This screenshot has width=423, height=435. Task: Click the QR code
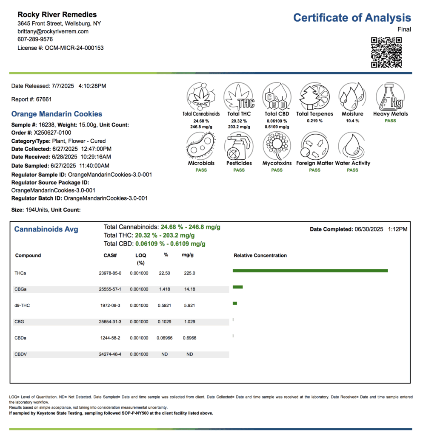click(x=386, y=52)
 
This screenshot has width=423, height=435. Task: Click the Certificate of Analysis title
click(x=352, y=18)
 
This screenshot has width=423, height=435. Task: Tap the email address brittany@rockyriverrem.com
click(x=53, y=31)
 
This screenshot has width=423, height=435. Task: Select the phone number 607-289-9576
click(x=35, y=40)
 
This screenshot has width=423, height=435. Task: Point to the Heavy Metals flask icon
click(x=390, y=97)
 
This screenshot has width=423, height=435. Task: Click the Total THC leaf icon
click(x=239, y=97)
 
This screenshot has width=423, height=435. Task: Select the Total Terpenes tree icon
click(x=314, y=97)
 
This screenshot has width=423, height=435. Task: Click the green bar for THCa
click(x=310, y=271)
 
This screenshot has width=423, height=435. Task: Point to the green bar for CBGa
click(x=237, y=287)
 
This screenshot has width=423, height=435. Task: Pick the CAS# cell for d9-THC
click(x=114, y=305)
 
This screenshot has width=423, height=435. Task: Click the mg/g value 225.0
click(x=190, y=273)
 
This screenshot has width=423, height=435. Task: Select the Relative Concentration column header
click(x=260, y=256)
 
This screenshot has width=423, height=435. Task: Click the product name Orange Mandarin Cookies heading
click(x=57, y=114)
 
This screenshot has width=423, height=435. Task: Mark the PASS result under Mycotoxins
click(x=277, y=170)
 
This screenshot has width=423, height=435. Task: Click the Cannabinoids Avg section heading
click(x=46, y=229)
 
